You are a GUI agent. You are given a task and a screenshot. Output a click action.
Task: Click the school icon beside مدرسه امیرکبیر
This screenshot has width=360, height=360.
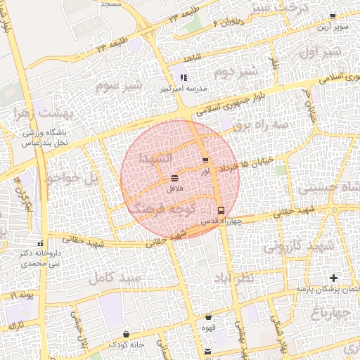[184, 78]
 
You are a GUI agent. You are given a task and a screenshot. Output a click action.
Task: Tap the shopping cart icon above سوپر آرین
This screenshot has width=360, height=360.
[332, 16]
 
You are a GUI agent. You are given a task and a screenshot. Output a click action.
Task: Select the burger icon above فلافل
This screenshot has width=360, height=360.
[174, 179]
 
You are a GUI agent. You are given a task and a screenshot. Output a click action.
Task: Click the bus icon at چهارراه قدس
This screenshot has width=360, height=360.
[220, 210]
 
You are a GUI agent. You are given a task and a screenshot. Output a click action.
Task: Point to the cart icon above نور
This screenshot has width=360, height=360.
[205, 160]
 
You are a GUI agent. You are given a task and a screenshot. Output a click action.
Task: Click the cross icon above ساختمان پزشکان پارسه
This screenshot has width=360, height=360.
[333, 278]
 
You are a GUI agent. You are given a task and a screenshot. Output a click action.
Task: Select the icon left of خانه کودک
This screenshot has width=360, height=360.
[126, 334]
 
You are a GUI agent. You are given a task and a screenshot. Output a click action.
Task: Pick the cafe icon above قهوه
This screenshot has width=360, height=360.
[208, 317]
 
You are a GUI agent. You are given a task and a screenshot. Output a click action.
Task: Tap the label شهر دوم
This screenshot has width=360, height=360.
[232, 73]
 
